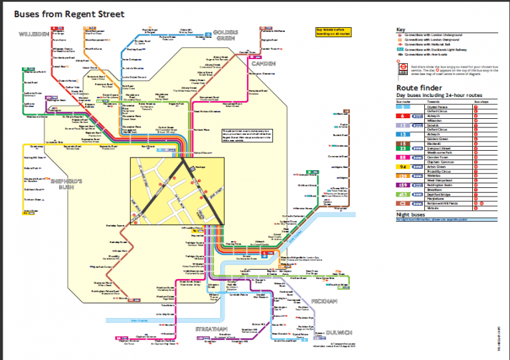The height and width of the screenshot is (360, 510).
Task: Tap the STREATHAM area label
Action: pos(211,328)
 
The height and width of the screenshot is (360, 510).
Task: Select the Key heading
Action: pos(400,30)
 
